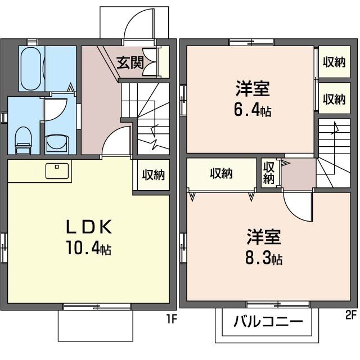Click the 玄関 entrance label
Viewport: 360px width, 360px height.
[x=130, y=62]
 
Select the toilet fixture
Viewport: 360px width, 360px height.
[x=23, y=139]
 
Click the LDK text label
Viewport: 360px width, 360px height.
[x=91, y=227]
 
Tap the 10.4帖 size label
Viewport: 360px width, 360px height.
[x=89, y=248]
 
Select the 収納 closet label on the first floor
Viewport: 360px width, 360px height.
[x=152, y=175]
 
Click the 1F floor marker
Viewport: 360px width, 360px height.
[x=171, y=320]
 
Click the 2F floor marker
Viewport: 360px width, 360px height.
[x=351, y=314]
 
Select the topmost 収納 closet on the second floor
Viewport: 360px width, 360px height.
[x=334, y=63]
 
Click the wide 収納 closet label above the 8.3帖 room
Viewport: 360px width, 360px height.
[x=222, y=174]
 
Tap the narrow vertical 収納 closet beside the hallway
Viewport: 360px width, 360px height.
[x=269, y=173]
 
